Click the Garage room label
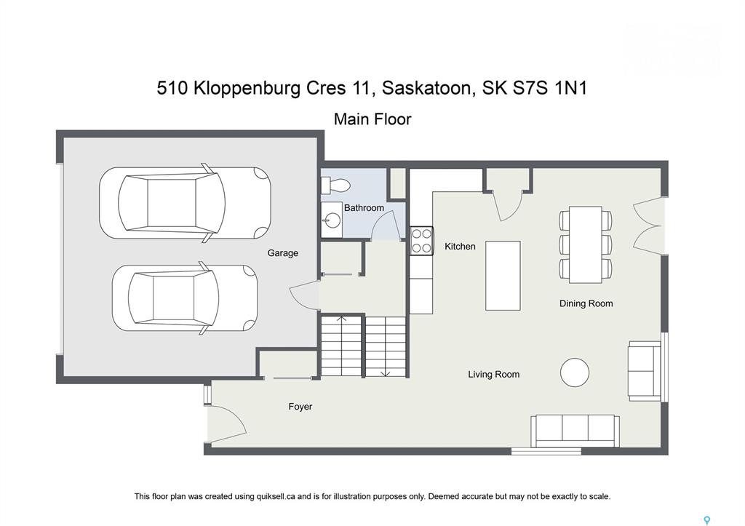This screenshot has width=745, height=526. [283, 252]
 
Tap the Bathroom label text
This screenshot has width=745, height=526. [364, 207]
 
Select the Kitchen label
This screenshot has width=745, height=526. [460, 246]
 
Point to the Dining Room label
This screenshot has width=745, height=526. [586, 303]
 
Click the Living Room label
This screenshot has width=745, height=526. [494, 375]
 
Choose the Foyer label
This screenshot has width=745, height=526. [300, 407]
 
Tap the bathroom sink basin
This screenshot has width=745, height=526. [332, 220]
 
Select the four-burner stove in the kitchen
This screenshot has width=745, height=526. [422, 241]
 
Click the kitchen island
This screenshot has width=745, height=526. [503, 276]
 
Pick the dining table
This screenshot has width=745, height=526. [586, 244]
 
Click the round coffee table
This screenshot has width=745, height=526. [575, 372]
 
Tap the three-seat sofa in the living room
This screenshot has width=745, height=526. [575, 431]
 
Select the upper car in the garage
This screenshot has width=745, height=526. [185, 203]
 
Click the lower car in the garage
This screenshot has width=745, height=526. [185, 298]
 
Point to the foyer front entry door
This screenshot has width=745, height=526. [227, 421]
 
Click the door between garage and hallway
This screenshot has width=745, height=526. [304, 295]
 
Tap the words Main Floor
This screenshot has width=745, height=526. [372, 119]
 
